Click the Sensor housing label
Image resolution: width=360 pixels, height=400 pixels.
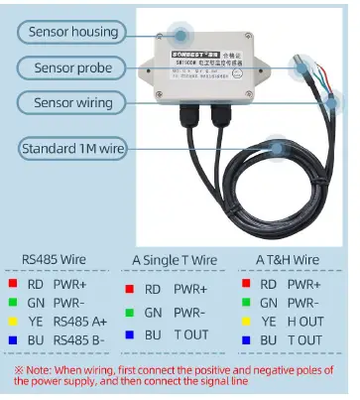[73, 32]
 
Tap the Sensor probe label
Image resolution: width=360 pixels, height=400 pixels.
[73, 67]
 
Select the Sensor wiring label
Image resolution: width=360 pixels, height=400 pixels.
[73, 102]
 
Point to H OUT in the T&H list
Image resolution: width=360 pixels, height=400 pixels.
[305, 321]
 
